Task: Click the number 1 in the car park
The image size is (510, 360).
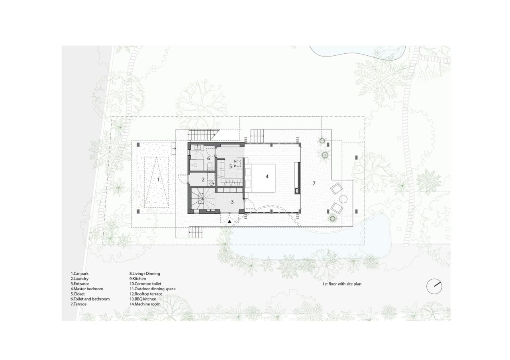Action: click(x=158, y=180)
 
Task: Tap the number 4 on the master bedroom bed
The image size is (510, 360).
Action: click(x=267, y=176)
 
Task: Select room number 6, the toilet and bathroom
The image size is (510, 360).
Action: click(x=208, y=158)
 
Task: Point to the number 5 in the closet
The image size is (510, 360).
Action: click(x=230, y=166)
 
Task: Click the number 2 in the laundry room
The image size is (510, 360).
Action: click(x=203, y=180)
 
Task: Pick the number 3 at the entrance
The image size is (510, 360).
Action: click(x=232, y=202)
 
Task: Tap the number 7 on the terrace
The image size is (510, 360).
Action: click(x=314, y=183)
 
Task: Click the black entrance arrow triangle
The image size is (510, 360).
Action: click(x=229, y=221)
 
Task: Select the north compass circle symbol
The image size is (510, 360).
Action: click(x=434, y=286)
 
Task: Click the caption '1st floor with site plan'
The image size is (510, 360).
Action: click(x=342, y=284)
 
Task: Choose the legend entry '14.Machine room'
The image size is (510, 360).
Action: click(x=145, y=304)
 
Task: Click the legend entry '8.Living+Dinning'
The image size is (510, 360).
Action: click(x=144, y=274)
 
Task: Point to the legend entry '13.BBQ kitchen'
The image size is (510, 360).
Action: click(x=143, y=299)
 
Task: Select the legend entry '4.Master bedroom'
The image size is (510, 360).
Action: click(x=87, y=289)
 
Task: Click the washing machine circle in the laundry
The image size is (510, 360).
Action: click(x=212, y=184)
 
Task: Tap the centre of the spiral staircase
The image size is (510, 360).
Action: click(x=203, y=198)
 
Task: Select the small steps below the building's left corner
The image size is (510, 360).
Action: click(x=195, y=231)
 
